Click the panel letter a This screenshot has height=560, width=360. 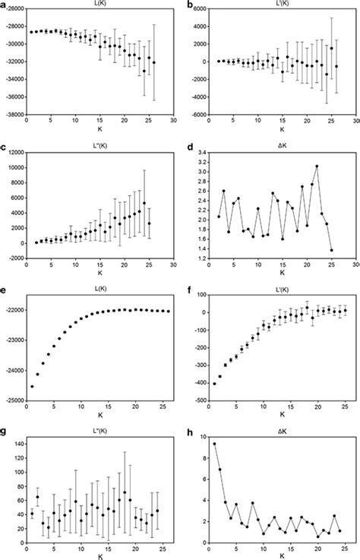(5, 5)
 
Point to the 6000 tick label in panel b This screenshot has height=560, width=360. (198, 8)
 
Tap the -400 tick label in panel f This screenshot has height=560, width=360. (200, 384)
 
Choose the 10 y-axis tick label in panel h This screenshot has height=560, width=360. (202, 437)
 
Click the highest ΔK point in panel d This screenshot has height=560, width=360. (317, 166)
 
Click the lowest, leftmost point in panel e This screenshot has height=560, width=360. (33, 386)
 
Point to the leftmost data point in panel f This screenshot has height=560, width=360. (214, 384)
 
